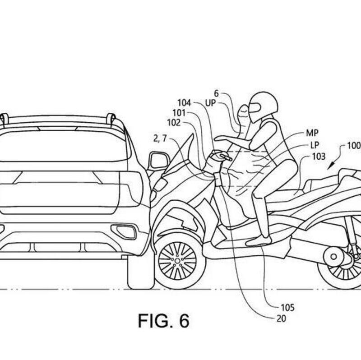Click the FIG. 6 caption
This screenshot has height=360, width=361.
click(163, 321)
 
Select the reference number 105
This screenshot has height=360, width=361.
click(287, 308)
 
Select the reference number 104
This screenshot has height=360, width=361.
click(184, 102)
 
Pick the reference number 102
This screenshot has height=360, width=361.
click(174, 122)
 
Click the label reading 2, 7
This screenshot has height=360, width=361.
click(160, 139)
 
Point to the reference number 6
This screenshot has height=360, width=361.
click(216, 93)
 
